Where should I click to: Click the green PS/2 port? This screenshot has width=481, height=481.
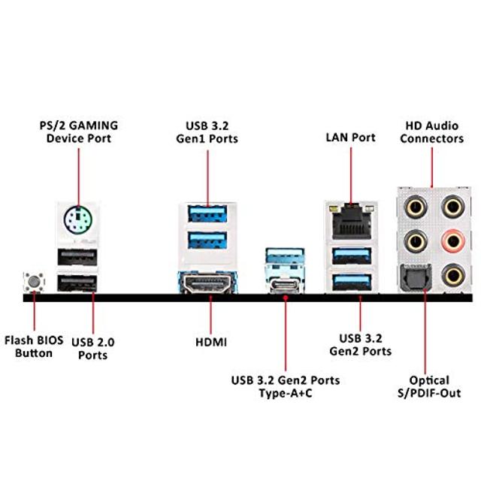click(78, 220)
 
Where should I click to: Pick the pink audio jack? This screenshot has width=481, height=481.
click(452, 240)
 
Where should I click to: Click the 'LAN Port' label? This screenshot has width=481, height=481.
click(350, 138)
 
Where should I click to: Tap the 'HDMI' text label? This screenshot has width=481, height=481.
click(211, 342)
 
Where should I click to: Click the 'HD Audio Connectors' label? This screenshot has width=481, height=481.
click(431, 132)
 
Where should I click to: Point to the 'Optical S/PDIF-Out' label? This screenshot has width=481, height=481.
click(430, 386)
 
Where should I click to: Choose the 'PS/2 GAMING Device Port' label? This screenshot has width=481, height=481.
click(78, 132)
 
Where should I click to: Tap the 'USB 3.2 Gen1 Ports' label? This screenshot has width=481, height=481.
click(211, 132)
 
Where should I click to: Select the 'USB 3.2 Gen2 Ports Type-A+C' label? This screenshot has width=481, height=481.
click(286, 386)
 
